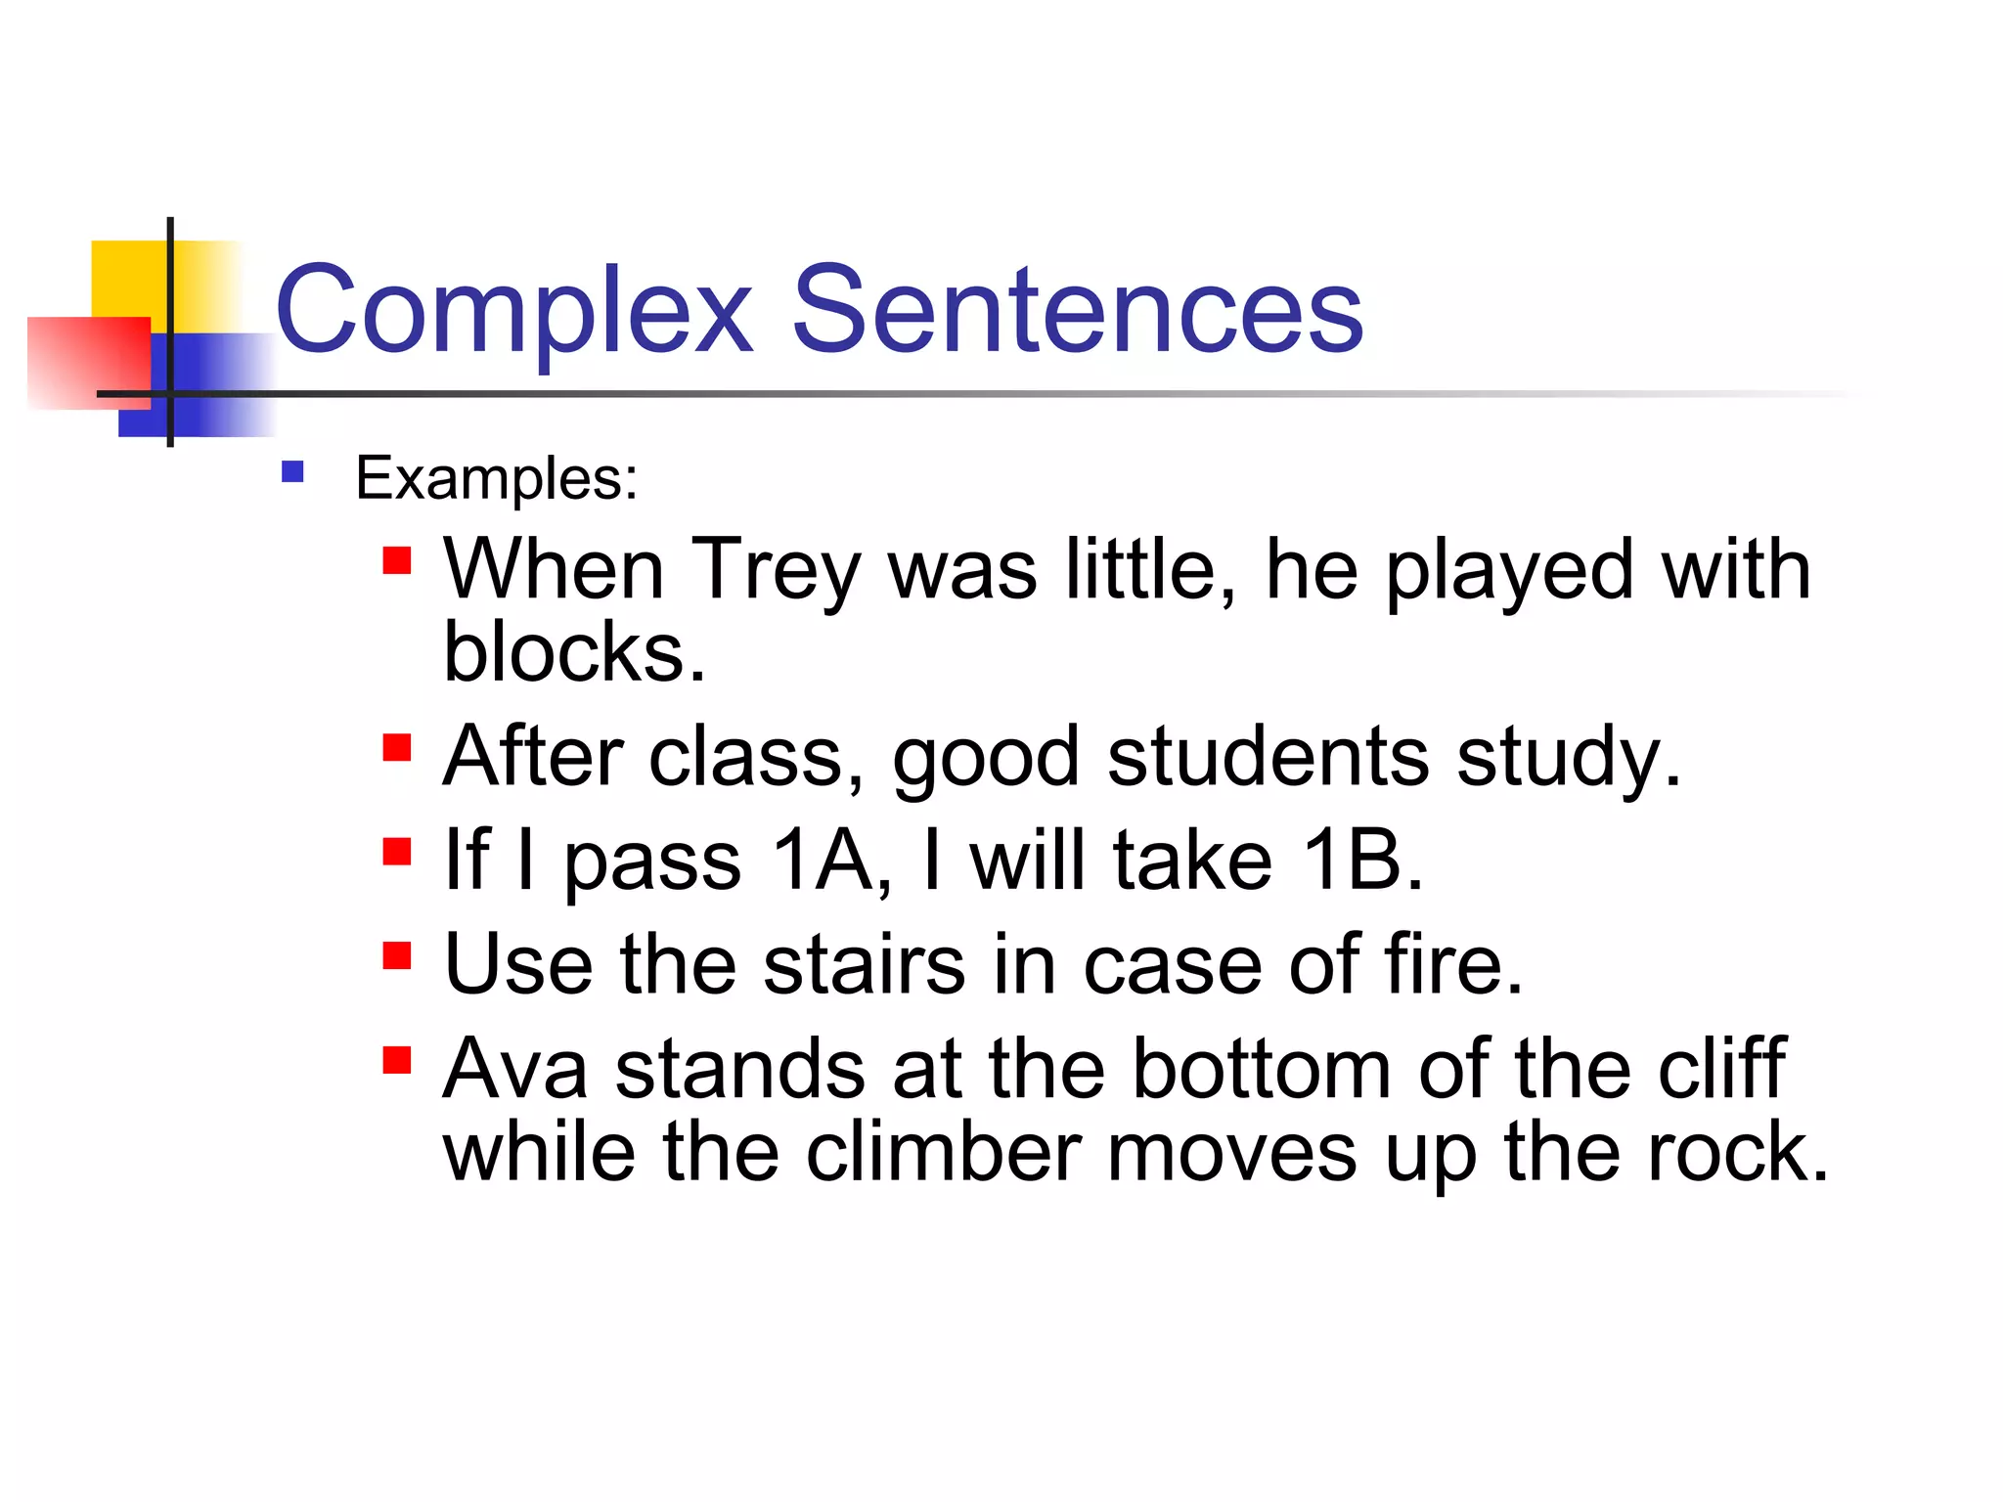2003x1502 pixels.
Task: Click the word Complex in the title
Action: (514, 311)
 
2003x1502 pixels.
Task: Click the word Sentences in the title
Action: (1077, 311)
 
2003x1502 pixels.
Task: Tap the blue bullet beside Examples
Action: (292, 473)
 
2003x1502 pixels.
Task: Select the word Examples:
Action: (496, 479)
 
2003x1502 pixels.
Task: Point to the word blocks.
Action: (573, 653)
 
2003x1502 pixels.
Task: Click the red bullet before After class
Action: (396, 748)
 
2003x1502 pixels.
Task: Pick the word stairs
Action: (865, 965)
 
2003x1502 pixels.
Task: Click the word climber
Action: (944, 1154)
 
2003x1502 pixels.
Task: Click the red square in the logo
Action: (88, 362)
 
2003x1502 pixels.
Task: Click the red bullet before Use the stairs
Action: (396, 955)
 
